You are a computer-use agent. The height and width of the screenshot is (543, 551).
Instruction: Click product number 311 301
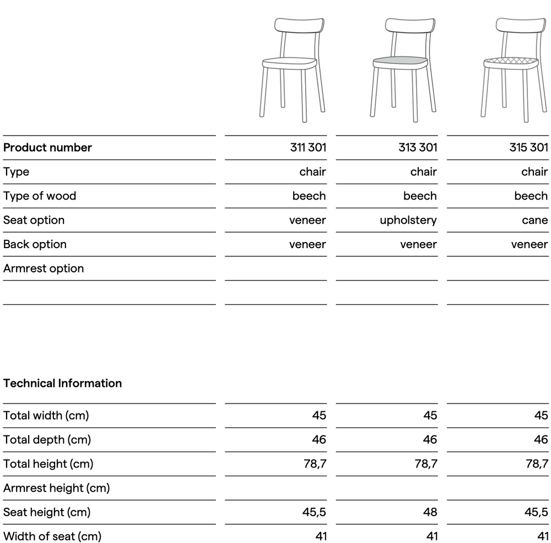[308, 147]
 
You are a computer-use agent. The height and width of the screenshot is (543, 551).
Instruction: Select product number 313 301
[418, 147]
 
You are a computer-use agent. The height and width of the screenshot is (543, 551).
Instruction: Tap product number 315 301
[529, 147]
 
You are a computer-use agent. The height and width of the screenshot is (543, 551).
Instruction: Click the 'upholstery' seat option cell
[408, 220]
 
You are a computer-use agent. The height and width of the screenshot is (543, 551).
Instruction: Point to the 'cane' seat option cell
[534, 220]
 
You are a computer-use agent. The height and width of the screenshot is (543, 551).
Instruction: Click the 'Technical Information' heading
[62, 383]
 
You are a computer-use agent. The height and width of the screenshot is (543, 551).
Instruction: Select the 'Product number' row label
[47, 147]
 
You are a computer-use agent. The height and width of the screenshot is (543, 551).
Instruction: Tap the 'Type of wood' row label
[40, 196]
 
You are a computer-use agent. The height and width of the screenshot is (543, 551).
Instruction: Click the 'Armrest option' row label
[44, 268]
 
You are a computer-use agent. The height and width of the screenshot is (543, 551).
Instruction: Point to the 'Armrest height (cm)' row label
[56, 488]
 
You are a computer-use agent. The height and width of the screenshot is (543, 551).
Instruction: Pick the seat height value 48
[430, 512]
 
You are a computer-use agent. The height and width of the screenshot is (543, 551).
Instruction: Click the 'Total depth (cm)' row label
[47, 439]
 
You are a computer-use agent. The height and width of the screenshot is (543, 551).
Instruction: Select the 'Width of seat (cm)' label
[52, 536]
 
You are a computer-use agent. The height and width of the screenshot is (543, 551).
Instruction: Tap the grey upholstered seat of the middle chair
[401, 60]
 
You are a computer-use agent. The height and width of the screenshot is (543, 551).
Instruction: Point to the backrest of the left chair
[299, 26]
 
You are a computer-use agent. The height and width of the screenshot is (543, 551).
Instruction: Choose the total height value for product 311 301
[315, 464]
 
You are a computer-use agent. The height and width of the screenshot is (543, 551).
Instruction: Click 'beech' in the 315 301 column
[531, 196]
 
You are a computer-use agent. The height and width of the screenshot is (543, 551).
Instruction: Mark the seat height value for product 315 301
[536, 512]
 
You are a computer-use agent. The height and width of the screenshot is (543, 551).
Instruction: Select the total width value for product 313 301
[430, 415]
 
